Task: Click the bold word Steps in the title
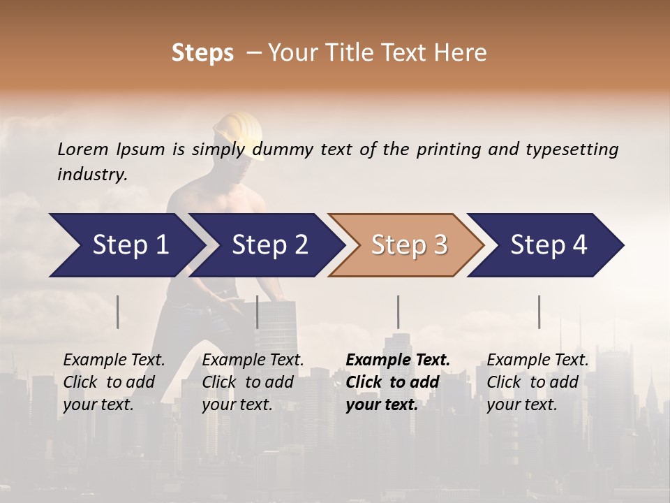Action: [202, 53]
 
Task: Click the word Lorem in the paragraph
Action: [83, 149]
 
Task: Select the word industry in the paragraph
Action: [92, 174]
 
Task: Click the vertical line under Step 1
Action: [118, 312]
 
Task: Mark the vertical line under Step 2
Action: [258, 312]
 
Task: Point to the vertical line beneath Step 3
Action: [398, 312]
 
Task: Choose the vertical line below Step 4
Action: [539, 312]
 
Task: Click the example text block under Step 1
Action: [114, 382]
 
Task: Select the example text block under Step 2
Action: [253, 382]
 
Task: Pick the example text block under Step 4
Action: [537, 382]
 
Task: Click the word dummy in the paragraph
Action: [283, 149]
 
